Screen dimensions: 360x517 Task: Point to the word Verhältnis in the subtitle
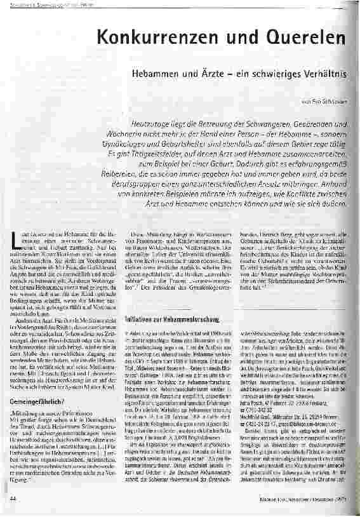pos(330,74)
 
